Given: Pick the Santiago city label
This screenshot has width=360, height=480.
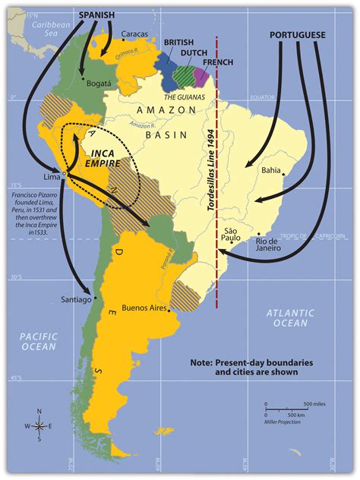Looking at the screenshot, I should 76,300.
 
